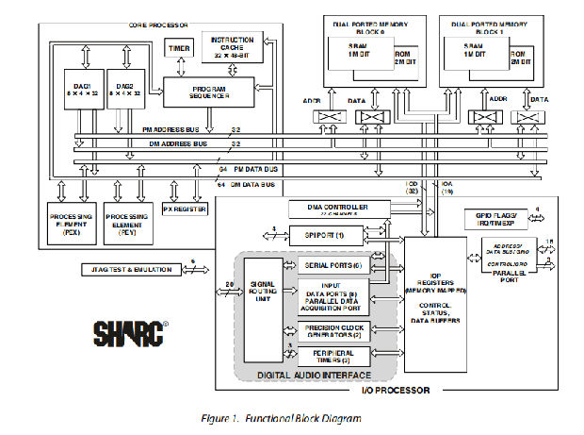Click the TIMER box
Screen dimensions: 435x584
coord(177,47)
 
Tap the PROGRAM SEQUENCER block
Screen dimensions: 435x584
coord(208,90)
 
